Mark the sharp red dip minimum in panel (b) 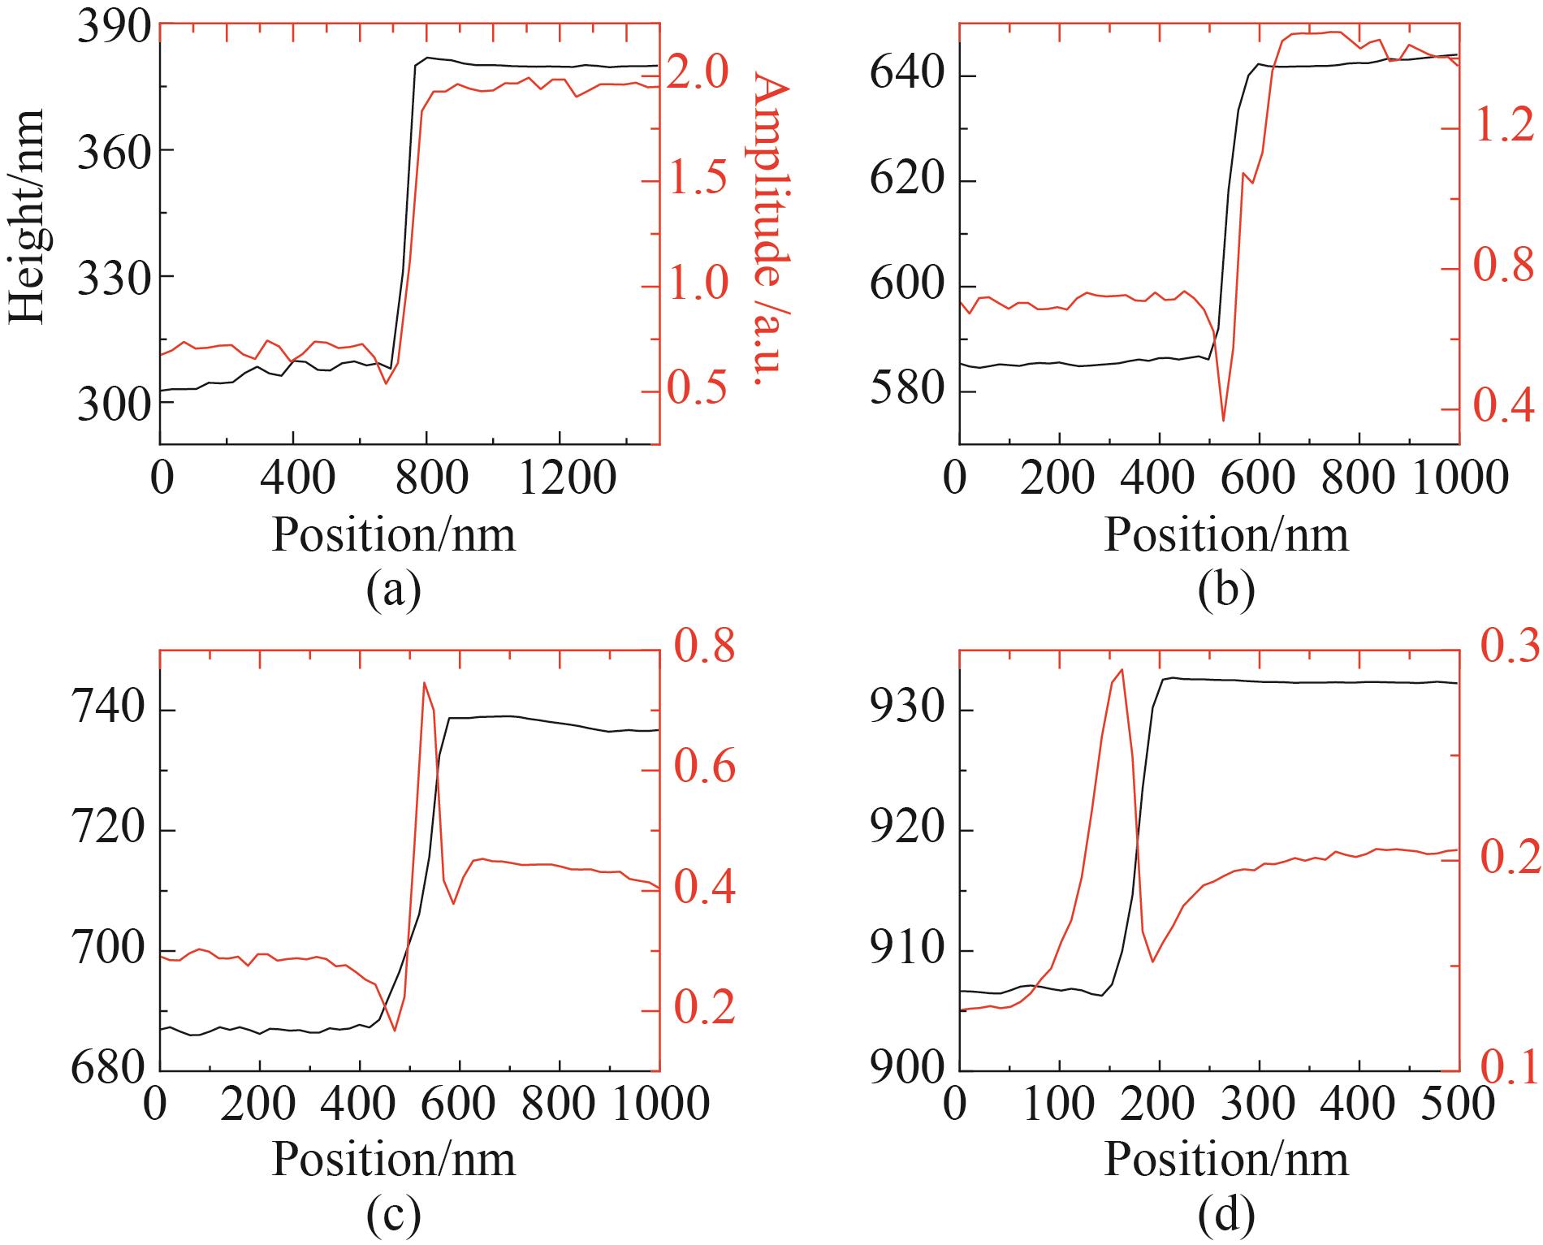click(1223, 420)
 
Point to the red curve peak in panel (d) click(1122, 670)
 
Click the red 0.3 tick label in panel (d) click(1510, 650)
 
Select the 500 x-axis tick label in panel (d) click(1459, 1106)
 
